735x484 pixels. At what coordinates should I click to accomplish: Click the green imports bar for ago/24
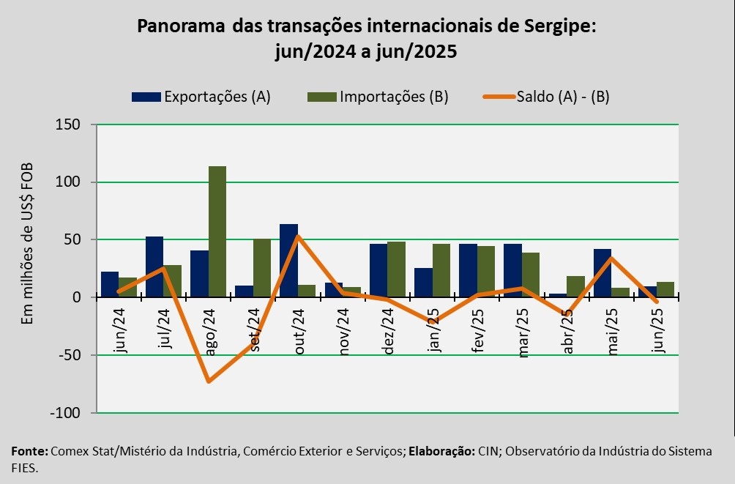click(x=217, y=231)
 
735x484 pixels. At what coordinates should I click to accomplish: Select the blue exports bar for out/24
click(x=288, y=261)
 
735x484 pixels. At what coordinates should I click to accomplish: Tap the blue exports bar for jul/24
click(x=154, y=267)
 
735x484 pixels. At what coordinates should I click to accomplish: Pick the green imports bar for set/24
click(x=262, y=267)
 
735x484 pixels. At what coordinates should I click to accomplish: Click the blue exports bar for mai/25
click(x=602, y=273)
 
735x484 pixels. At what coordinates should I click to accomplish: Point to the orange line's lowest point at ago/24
click(x=209, y=381)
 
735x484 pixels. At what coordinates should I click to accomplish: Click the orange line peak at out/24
click(x=298, y=236)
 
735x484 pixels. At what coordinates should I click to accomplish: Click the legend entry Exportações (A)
click(x=201, y=97)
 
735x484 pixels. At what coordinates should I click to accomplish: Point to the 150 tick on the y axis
click(x=68, y=125)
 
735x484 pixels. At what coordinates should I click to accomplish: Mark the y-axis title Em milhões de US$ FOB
click(x=28, y=252)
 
